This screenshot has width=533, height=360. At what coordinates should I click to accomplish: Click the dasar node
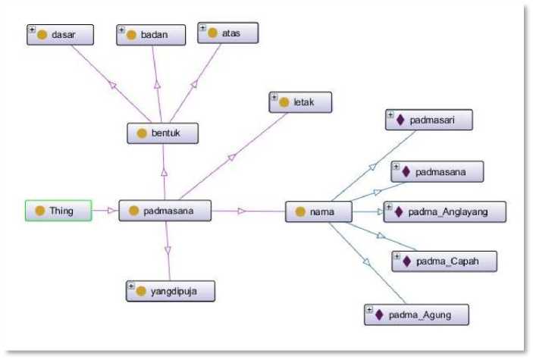pos(60,35)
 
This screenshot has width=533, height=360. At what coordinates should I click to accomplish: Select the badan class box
pos(151,35)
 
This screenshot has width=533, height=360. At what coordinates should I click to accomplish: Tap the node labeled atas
pos(228,33)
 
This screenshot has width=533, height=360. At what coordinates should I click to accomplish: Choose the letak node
pos(300,102)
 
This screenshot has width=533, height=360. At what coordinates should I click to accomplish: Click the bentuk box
pos(162,133)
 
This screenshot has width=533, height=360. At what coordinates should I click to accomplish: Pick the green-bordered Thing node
pos(58,211)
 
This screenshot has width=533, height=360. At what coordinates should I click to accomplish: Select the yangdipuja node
pos(171,291)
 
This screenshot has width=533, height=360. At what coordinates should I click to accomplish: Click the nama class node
pos(318,211)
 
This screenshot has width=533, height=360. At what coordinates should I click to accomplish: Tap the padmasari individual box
pos(429,120)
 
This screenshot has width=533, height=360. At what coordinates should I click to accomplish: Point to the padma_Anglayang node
pos(444,211)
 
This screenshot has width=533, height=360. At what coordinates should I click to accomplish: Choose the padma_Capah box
pos(444,261)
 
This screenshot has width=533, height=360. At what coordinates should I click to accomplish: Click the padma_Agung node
pos(416,315)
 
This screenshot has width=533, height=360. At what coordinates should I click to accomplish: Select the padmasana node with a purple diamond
pos(437,172)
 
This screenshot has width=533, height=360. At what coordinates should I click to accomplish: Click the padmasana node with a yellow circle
pos(165,211)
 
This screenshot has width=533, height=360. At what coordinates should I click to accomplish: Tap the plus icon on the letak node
pos(274,97)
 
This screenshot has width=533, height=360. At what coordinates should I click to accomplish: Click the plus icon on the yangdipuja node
pos(131,286)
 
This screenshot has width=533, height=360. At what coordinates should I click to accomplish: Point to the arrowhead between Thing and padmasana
pos(111,211)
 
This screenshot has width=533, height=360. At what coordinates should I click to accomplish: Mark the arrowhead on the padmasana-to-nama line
pos(242,211)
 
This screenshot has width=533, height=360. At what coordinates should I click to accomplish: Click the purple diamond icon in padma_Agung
pos(379,315)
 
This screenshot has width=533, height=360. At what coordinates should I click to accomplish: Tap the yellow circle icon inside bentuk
pos(142,133)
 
